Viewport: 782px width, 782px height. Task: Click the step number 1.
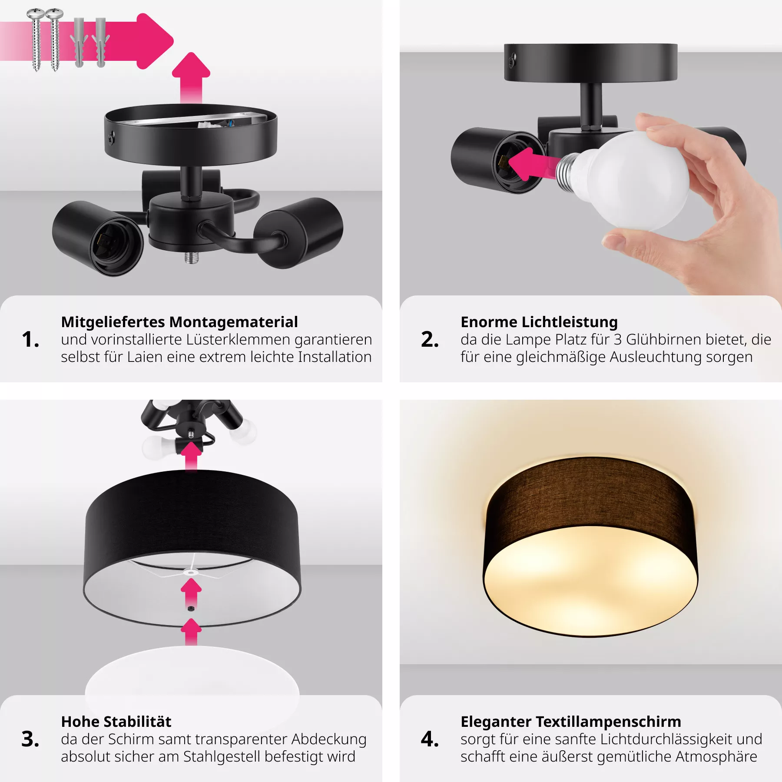pos(30,339)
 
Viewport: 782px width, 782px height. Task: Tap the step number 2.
pos(430,339)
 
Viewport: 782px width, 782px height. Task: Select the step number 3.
pos(30,739)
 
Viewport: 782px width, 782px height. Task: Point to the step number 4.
pos(430,739)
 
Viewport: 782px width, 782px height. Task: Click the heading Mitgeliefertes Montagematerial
pos(179,322)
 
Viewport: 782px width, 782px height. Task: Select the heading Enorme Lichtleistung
pos(539,322)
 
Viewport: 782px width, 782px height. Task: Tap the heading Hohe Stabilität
pos(116,722)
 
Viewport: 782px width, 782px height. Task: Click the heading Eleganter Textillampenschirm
pos(571,722)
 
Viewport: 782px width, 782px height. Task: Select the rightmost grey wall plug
pos(101,43)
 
